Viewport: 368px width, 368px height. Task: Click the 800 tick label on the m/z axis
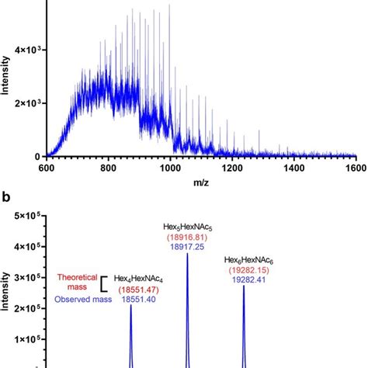tap(125, 166)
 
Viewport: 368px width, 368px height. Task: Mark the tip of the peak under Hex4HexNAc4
tap(130, 306)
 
